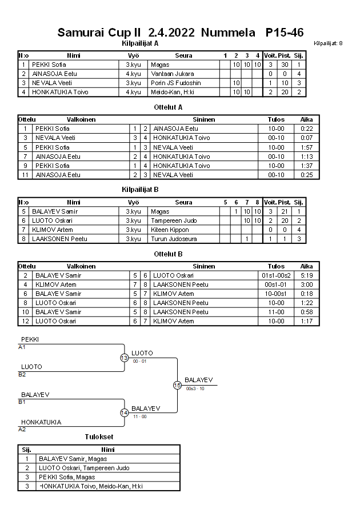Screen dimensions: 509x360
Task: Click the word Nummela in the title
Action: point(228,33)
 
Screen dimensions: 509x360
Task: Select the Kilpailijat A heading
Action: point(140,43)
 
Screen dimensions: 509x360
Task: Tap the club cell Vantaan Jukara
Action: point(172,74)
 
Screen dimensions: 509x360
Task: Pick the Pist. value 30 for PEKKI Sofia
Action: point(284,65)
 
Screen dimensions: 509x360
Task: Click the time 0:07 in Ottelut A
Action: point(306,138)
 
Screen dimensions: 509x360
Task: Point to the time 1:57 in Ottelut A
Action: point(306,147)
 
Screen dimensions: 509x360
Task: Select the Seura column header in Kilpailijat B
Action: point(183,202)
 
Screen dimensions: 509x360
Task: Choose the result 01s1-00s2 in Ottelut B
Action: point(276,275)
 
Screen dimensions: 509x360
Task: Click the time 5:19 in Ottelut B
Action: point(306,275)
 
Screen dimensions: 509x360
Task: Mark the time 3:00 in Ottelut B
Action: point(306,284)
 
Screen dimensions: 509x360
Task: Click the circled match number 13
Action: point(124,358)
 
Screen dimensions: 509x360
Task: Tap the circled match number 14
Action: point(124,412)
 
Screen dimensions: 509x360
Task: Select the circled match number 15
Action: point(177,385)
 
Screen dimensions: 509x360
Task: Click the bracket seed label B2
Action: point(22,374)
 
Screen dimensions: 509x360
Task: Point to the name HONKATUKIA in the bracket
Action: point(41,422)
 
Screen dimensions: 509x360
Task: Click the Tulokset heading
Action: point(98,437)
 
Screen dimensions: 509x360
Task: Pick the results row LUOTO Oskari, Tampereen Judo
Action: point(83,468)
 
